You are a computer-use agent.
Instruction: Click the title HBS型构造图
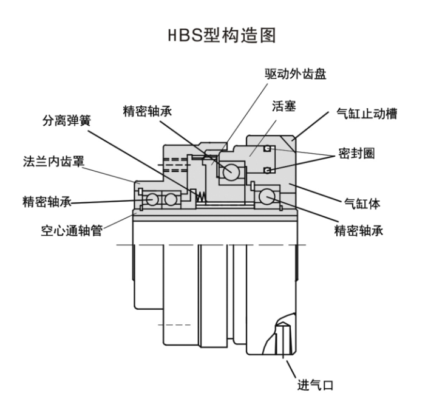point(222,36)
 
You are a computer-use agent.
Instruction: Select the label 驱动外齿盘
point(296,75)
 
